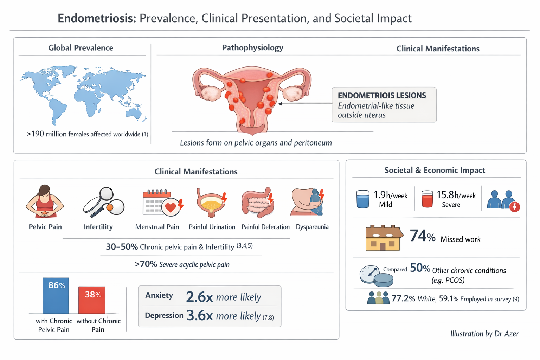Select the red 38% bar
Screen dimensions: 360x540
tap(92, 300)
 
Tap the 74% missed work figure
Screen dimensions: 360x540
tap(423, 236)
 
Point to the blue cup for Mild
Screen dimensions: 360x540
tap(363, 199)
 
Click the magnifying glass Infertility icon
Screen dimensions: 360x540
tap(103, 202)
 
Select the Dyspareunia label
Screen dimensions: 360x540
tap(312, 227)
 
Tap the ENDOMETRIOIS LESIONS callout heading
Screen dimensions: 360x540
tap(382, 96)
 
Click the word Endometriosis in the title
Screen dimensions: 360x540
tap(97, 18)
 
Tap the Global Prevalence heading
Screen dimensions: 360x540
tap(81, 48)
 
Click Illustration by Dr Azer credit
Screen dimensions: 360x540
tap(484, 334)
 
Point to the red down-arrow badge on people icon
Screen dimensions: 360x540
tap(515, 207)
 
